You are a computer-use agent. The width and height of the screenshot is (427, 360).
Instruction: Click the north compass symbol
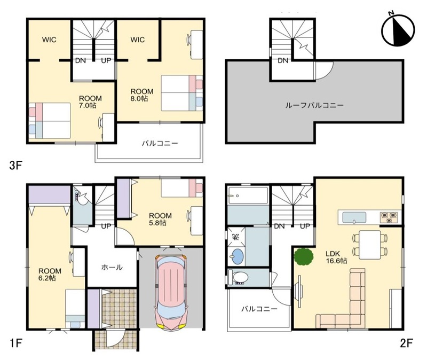point(398,29)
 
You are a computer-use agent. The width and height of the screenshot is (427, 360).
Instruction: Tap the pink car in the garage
point(170,292)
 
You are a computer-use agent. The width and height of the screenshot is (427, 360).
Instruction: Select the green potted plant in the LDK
point(303,256)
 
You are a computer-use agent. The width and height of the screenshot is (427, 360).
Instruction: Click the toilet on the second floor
point(238,278)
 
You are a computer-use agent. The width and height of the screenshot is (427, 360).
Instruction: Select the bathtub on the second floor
point(248,195)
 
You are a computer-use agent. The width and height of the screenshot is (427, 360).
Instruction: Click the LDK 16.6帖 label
point(336,257)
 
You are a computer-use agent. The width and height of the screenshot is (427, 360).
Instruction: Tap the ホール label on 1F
point(112,268)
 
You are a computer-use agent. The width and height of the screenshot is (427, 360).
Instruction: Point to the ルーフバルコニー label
point(314,105)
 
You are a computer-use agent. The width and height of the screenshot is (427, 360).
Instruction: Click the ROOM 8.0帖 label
point(141,95)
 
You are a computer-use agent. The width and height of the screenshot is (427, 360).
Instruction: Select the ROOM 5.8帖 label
point(160,219)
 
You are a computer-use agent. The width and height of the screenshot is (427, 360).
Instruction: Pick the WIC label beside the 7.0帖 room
point(49,40)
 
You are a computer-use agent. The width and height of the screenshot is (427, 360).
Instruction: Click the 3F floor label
point(15,165)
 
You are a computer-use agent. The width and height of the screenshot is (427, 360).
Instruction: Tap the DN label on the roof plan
point(283,60)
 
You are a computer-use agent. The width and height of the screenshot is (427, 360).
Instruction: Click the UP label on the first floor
point(106,226)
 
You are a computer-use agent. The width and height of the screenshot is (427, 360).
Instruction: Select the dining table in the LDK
point(369,245)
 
